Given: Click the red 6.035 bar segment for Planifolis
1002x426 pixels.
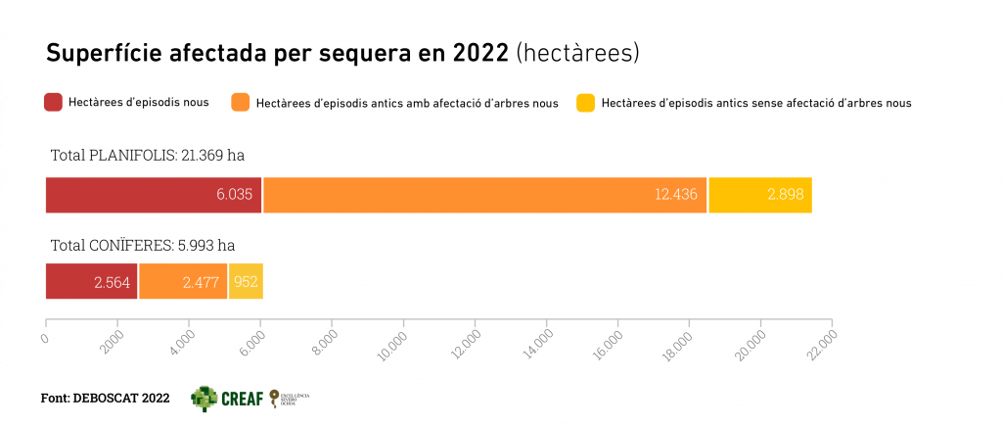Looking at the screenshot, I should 154,195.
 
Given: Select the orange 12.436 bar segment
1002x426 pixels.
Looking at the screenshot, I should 484,195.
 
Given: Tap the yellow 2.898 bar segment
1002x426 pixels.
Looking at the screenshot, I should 760,195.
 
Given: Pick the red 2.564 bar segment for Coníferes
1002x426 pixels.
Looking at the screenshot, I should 91,281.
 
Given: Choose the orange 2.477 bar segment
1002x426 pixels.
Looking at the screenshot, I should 183,281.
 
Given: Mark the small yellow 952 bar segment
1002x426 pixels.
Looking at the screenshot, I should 246,281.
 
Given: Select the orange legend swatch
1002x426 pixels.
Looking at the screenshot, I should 241,102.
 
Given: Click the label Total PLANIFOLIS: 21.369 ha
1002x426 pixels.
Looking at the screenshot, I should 147,155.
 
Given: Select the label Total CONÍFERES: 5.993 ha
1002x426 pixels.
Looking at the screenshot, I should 143,245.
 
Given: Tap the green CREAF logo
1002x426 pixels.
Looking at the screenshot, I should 226,398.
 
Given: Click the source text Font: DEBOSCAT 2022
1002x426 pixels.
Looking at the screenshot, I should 105,399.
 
